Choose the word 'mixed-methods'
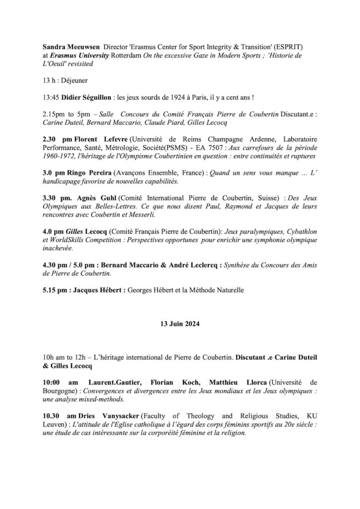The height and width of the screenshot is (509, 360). (x=99, y=399)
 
